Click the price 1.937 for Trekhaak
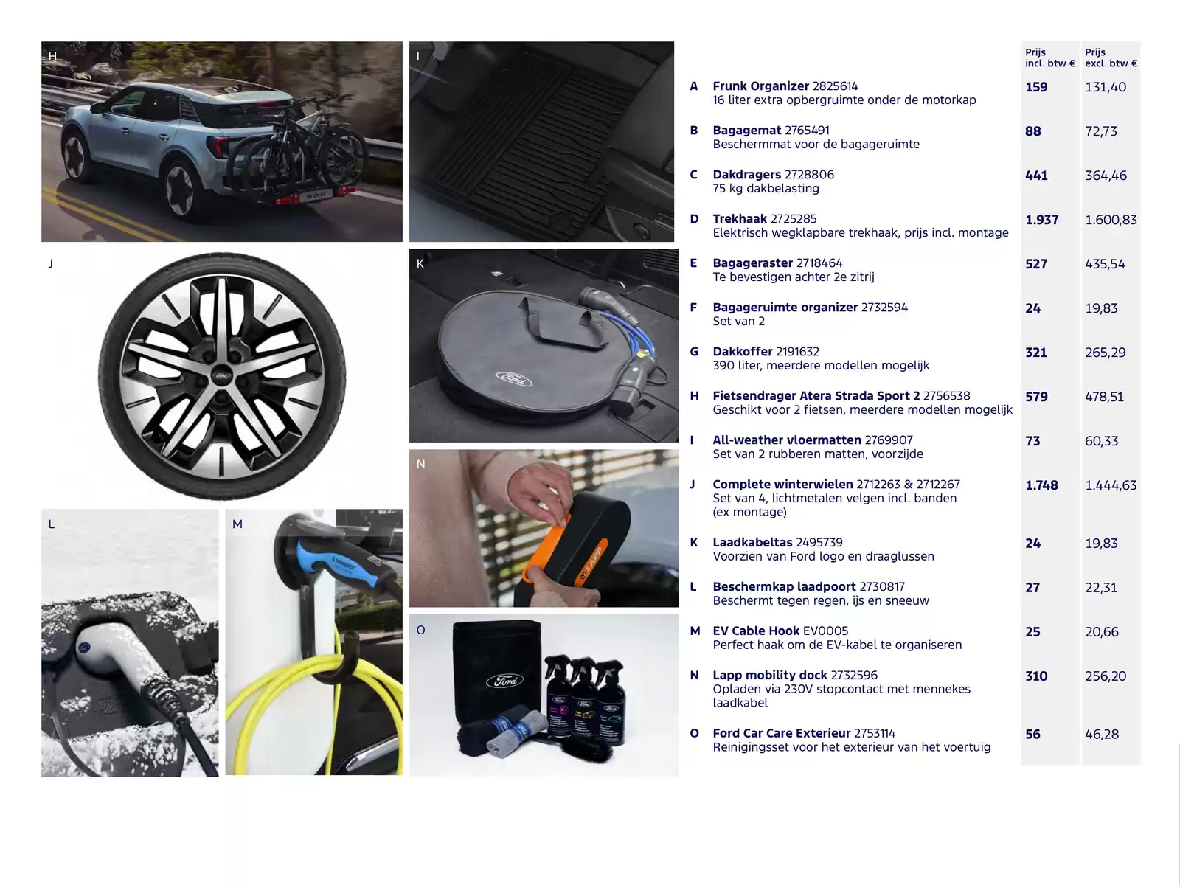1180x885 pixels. [1041, 220]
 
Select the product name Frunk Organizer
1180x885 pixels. [760, 86]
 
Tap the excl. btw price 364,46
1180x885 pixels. [1106, 176]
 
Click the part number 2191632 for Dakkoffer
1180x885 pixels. [798, 352]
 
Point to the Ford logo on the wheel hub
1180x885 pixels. [221, 375]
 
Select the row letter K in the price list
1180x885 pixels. [693, 542]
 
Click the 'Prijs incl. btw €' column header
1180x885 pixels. [1050, 58]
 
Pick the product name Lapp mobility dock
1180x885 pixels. [770, 675]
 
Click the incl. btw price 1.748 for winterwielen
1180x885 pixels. [1041, 485]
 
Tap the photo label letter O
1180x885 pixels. [420, 630]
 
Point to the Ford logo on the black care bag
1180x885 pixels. [504, 681]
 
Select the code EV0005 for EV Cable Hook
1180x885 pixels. [826, 631]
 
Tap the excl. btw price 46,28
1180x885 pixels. [1102, 734]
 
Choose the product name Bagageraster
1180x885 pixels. [753, 263]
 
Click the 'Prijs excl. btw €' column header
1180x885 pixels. [1111, 58]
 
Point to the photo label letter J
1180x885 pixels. [51, 263]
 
